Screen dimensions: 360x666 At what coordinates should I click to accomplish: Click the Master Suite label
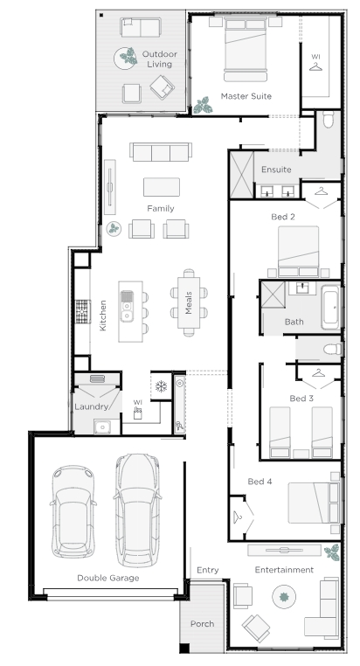[x=246, y=96]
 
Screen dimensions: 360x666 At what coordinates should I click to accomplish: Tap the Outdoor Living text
[x=160, y=59]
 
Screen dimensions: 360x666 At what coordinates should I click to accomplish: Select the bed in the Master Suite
[x=246, y=49]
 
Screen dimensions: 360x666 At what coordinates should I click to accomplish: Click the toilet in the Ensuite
[x=329, y=120]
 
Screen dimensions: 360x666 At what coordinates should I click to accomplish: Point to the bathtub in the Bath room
[x=330, y=307]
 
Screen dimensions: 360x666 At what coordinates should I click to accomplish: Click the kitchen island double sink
[x=127, y=306]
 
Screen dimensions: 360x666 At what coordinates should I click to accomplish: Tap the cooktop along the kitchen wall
[x=83, y=311]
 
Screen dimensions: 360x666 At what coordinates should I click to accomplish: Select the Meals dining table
[x=189, y=302]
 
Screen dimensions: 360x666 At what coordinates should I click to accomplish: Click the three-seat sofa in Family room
[x=161, y=151]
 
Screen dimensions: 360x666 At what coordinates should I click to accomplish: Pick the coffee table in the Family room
[x=162, y=187]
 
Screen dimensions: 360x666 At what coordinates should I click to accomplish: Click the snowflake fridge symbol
[x=161, y=386]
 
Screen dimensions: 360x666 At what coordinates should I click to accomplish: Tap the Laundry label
[x=91, y=407]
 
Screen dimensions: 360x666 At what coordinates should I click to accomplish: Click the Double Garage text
[x=107, y=578]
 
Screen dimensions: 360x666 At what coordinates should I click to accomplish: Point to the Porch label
[x=202, y=624]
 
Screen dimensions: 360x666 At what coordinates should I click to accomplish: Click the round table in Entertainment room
[x=284, y=597]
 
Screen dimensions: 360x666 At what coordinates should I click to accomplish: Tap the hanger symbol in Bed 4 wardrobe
[x=238, y=517]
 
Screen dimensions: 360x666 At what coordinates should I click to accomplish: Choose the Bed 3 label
[x=301, y=399]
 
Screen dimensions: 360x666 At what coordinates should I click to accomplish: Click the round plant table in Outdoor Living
[x=126, y=58]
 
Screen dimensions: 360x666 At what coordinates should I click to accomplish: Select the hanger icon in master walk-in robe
[x=315, y=66]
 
